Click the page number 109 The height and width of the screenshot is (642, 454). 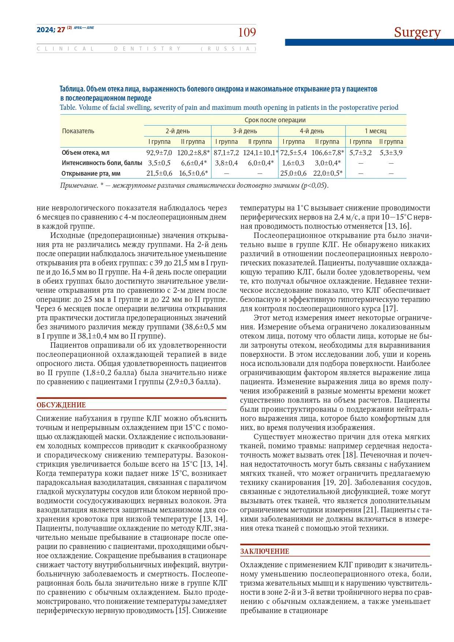click(247, 33)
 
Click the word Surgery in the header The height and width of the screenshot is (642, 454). click(417, 32)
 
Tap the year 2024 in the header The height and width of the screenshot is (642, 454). click(45, 30)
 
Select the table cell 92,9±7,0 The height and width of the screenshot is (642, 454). click(159, 153)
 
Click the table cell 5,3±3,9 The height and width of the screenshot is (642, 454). click(391, 153)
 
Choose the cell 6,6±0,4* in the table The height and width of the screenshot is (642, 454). click(194, 163)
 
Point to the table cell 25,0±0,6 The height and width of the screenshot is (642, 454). click(293, 173)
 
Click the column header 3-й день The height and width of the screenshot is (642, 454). click(245, 131)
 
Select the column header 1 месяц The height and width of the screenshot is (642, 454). click(375, 131)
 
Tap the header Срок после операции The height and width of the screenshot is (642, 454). click(275, 120)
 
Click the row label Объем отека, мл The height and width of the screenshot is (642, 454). click(85, 153)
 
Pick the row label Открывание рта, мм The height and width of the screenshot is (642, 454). click(91, 173)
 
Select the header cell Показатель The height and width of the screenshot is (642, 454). click(78, 131)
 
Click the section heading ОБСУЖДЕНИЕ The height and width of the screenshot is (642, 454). click(61, 405)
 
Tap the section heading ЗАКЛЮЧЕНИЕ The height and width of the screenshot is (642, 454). click(264, 551)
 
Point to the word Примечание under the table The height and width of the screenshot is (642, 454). click(79, 185)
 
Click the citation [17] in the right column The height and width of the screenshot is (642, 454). click(390, 309)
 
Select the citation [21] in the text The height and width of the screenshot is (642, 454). click(370, 510)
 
